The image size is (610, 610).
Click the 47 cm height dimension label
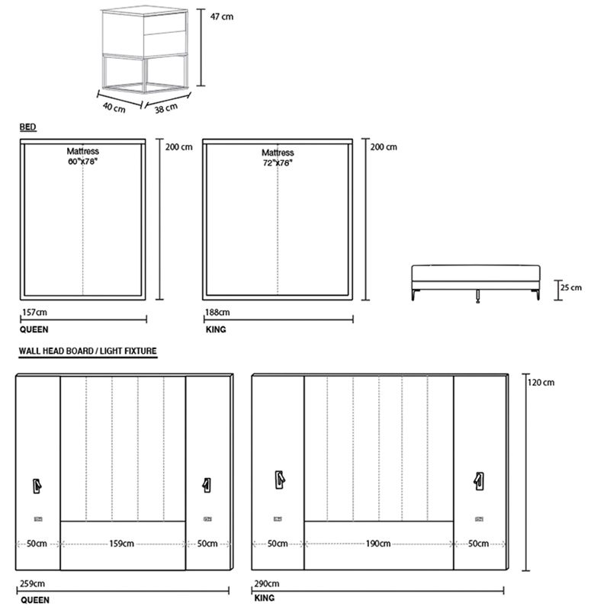pyautogui.click(x=222, y=16)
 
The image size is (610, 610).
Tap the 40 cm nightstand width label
pyautogui.click(x=114, y=108)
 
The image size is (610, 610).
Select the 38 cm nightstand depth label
pyautogui.click(x=166, y=108)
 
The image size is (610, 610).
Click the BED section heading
pyautogui.click(x=28, y=127)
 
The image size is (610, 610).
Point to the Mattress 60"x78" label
pyautogui.click(x=82, y=156)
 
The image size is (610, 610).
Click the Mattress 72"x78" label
pyautogui.click(x=278, y=158)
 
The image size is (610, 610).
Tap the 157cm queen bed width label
pyautogui.click(x=34, y=312)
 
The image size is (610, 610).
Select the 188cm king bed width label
pyautogui.click(x=217, y=312)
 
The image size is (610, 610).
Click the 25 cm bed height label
pyautogui.click(x=571, y=287)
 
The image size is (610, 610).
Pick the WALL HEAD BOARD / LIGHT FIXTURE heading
pyautogui.click(x=88, y=351)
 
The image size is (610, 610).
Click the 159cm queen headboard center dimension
pyautogui.click(x=121, y=544)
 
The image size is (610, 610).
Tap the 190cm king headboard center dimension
pyautogui.click(x=378, y=544)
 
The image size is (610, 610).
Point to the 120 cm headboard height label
pyautogui.click(x=541, y=383)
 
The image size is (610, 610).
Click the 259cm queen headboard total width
pyautogui.click(x=32, y=583)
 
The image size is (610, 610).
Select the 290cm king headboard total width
pyautogui.click(x=267, y=583)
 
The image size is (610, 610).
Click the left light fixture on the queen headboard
pyautogui.click(x=37, y=486)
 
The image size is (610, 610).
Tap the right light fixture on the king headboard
pyautogui.click(x=479, y=481)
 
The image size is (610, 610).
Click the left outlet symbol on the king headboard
pyautogui.click(x=278, y=519)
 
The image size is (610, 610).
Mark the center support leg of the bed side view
pyautogui.click(x=477, y=297)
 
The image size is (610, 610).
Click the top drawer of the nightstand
pyautogui.click(x=165, y=24)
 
